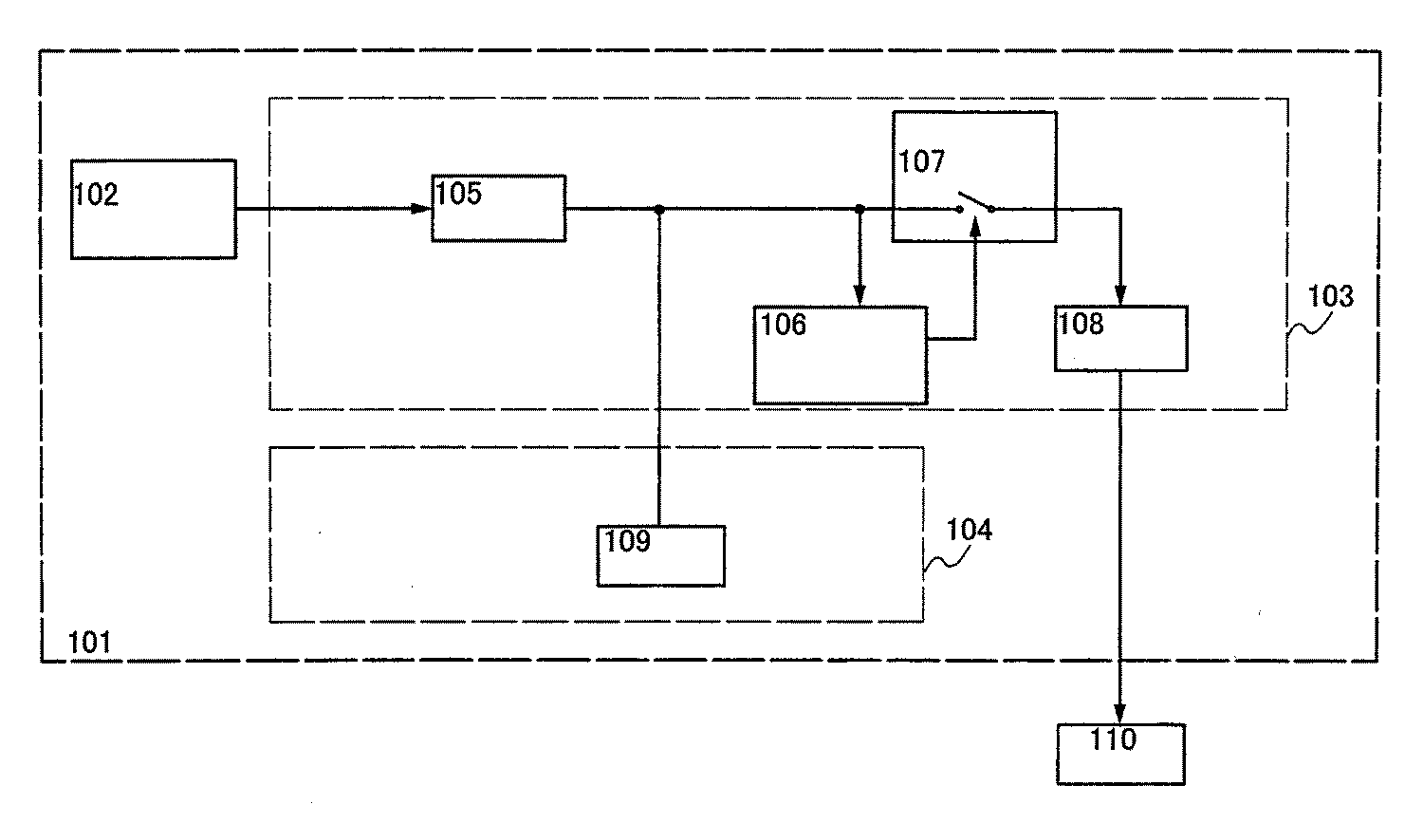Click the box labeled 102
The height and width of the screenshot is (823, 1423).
[x=153, y=209]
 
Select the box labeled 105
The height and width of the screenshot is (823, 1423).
[x=498, y=209]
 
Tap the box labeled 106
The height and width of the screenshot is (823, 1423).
[x=840, y=355]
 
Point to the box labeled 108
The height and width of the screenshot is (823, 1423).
[x=1120, y=338]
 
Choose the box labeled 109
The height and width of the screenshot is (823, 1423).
[x=660, y=556]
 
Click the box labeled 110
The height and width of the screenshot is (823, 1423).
[x=1120, y=754]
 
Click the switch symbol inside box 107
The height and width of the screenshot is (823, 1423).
[x=975, y=204]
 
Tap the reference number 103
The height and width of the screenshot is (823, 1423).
[x=1331, y=296]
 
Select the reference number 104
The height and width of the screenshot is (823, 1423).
[x=969, y=530]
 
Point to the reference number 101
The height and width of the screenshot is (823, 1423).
[x=89, y=643]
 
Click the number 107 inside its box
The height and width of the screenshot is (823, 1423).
[x=922, y=162]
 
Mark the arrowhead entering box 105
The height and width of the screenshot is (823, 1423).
[x=423, y=209]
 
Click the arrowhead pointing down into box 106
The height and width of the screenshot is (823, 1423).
[x=859, y=297]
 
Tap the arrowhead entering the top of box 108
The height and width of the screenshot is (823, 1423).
[x=1120, y=297]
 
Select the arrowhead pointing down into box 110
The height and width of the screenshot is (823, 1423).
[x=1120, y=715]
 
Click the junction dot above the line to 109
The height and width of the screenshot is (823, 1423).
[x=659, y=209]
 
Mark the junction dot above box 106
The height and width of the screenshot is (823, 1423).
[x=859, y=209]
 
